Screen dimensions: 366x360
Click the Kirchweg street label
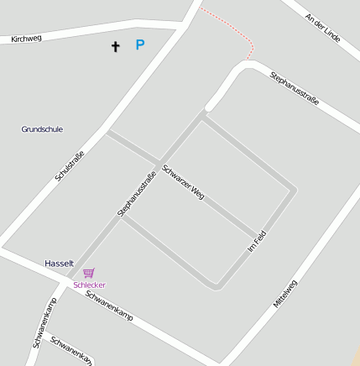pos(26,38)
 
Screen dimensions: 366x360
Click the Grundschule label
pos(42,129)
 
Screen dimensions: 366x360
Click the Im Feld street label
pos(258,243)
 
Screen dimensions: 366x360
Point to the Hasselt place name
pos(60,264)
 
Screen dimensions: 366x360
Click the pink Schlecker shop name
pos(89,285)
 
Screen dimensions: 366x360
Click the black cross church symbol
pos(115,46)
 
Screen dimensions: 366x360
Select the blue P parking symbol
pos(140,44)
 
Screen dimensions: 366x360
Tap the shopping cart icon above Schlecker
pos(89,273)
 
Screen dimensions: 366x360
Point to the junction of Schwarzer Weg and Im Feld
pos(253,234)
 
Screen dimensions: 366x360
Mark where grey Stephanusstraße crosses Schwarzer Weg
pos(159,163)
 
